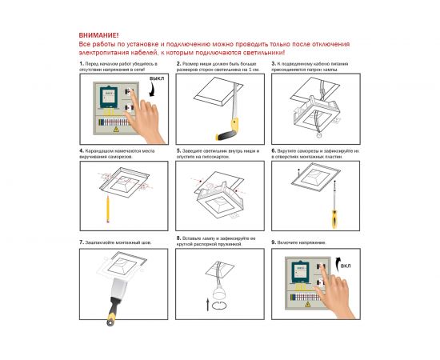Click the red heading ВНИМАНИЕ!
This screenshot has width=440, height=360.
click(x=98, y=36)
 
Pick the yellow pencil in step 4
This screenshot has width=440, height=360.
click(x=106, y=210)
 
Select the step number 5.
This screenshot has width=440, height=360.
click(x=178, y=150)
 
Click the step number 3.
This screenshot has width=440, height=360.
click(x=274, y=62)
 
